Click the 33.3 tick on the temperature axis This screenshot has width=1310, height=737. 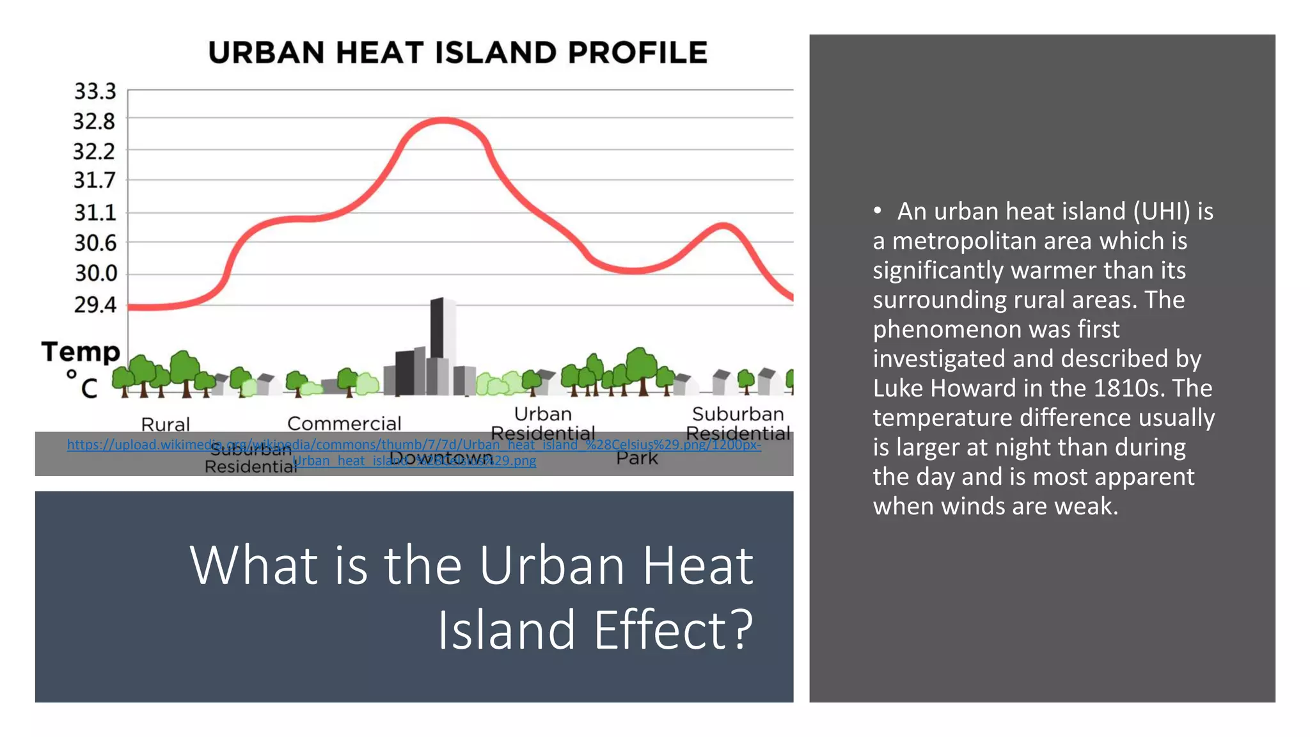pos(95,91)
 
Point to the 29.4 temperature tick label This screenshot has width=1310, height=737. pos(95,305)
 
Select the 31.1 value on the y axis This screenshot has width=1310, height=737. pos(95,212)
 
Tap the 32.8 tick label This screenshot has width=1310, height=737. pos(94,121)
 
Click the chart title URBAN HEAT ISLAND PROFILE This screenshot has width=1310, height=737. pos(458,52)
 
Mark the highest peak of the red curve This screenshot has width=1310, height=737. pos(443,120)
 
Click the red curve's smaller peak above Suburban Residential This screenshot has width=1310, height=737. pos(723,225)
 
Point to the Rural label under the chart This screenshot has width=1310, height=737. pos(165,424)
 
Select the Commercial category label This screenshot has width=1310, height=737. pos(344,424)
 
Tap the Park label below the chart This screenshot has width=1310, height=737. pos(637,458)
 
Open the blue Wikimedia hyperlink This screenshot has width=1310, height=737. pos(414,445)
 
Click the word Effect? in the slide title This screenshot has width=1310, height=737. pos(674,630)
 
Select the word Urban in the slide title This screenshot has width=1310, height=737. pos(552,566)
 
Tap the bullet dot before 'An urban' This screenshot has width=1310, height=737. pos(878,210)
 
